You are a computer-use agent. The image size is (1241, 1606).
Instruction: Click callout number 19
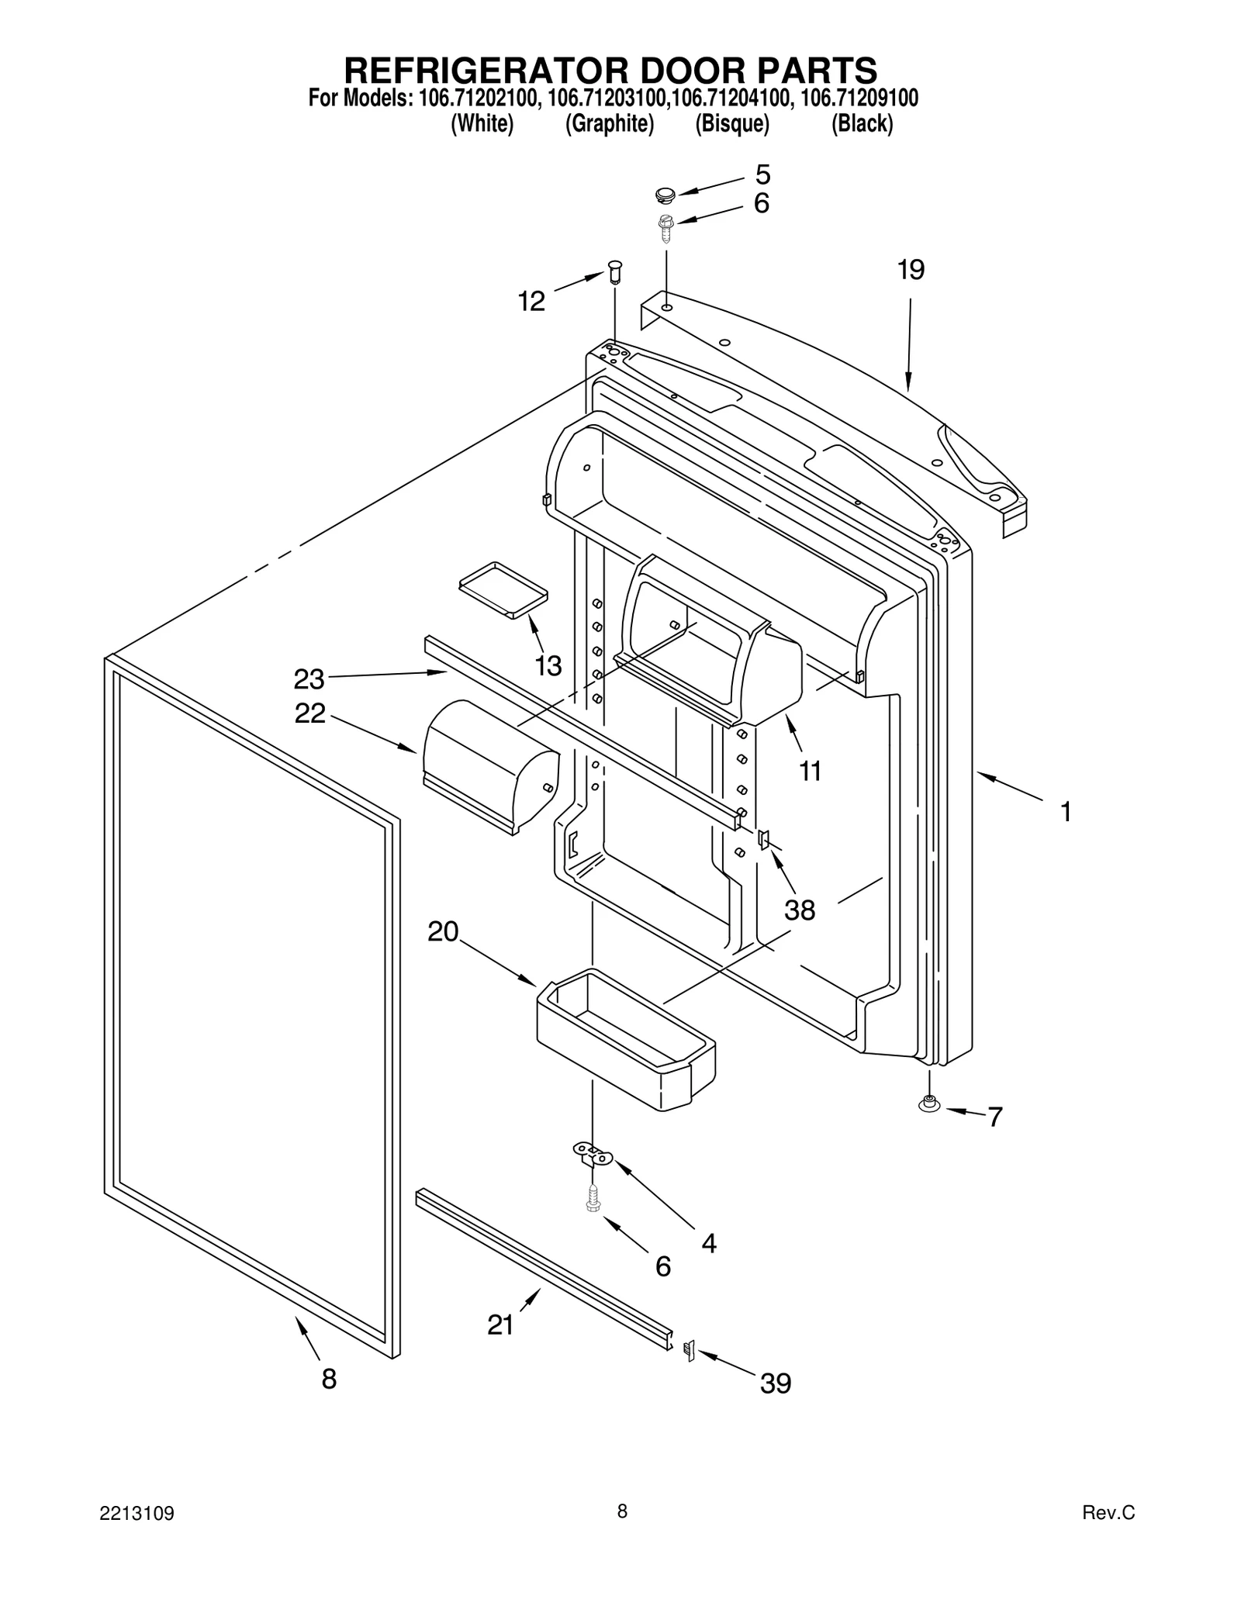(911, 270)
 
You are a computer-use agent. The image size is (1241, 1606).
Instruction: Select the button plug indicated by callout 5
(665, 193)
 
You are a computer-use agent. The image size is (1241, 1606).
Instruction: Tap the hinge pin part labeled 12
(615, 272)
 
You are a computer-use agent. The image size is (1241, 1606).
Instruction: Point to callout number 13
(548, 665)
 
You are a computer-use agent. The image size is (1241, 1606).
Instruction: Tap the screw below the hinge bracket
(593, 1199)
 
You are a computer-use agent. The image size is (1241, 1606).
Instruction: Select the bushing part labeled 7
(928, 1104)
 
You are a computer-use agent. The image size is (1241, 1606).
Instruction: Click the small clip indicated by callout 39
(687, 1350)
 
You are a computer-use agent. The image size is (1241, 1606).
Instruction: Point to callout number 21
(500, 1325)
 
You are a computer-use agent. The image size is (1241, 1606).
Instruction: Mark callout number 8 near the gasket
(329, 1379)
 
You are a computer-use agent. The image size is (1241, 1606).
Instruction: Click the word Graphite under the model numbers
(609, 123)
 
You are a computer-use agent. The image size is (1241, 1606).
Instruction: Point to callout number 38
(799, 910)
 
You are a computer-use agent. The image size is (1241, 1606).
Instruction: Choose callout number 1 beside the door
(1066, 812)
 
